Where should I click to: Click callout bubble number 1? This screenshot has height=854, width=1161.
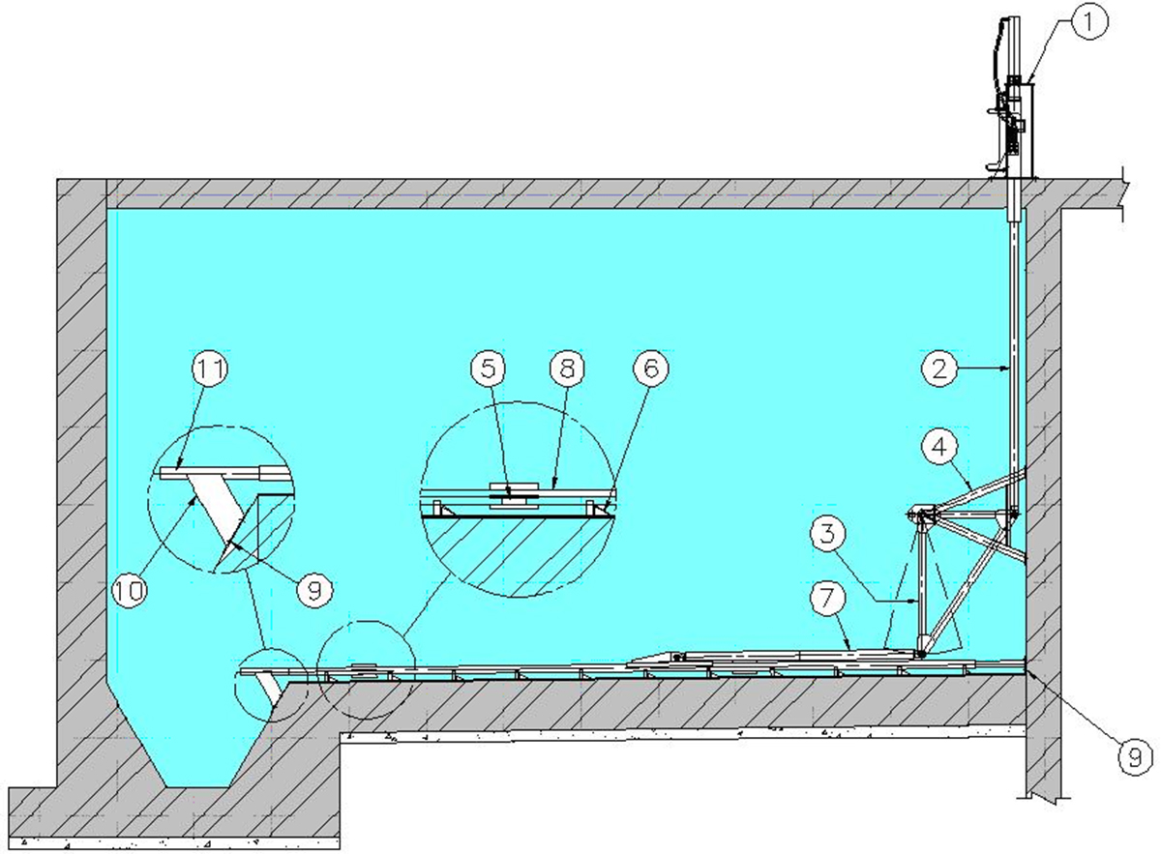pyautogui.click(x=1088, y=23)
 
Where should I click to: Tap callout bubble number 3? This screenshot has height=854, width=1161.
pyautogui.click(x=827, y=534)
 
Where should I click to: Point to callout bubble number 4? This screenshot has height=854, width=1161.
pyautogui.click(x=939, y=447)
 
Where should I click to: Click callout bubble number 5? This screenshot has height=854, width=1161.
pyautogui.click(x=489, y=368)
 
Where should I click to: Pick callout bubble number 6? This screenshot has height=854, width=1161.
pyautogui.click(x=651, y=368)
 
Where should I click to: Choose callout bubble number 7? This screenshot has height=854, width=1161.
pyautogui.click(x=827, y=598)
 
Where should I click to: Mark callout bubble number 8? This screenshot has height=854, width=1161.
pyautogui.click(x=568, y=368)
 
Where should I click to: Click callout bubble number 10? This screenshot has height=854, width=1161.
pyautogui.click(x=129, y=590)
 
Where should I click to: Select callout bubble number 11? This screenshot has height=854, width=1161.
pyautogui.click(x=210, y=368)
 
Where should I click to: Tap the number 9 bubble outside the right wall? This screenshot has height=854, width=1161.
pyautogui.click(x=1135, y=758)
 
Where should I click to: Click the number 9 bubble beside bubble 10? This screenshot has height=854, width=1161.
pyautogui.click(x=314, y=590)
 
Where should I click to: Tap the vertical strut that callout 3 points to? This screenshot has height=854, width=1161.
pyautogui.click(x=920, y=590)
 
